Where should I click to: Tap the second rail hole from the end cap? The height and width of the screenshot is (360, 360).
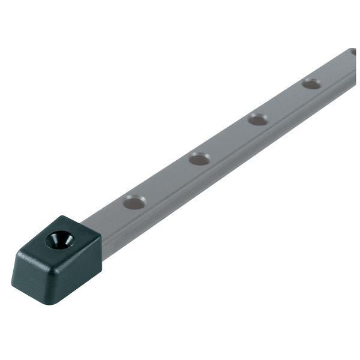[199, 159]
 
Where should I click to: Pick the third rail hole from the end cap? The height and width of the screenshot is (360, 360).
[258, 120]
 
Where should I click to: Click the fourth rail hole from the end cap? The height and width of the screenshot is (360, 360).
[311, 84]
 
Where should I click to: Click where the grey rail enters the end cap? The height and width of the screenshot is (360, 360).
[99, 225]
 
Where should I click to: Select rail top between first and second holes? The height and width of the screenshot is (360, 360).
[167, 180]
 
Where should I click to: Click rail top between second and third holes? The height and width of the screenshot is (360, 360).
[229, 139]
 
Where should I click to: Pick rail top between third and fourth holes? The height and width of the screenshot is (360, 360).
[284, 102]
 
